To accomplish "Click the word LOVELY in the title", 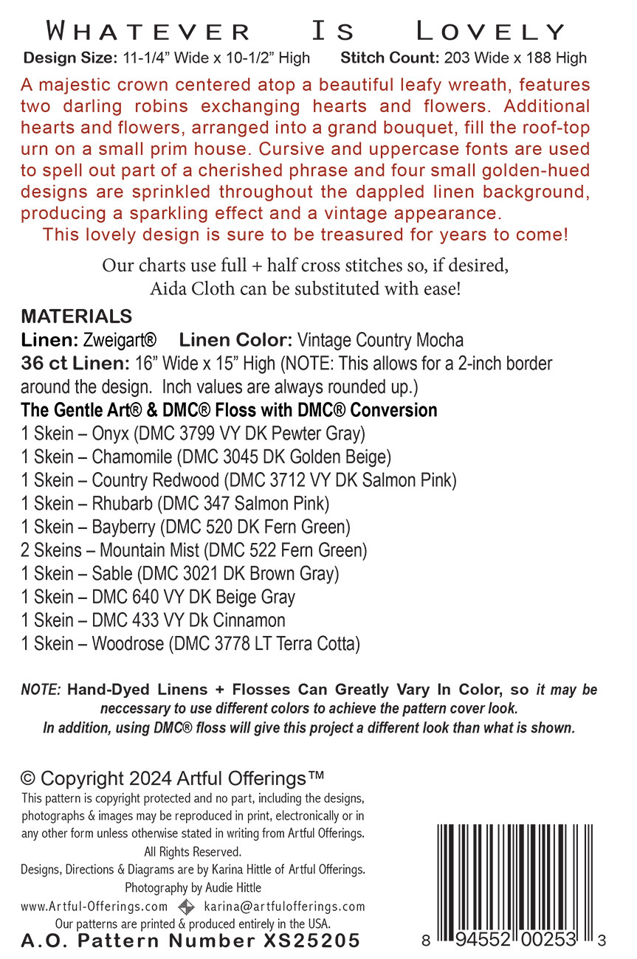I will point(491,32).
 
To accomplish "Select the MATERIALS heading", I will point(77,316).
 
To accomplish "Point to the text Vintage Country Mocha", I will point(380,340).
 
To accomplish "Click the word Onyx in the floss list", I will point(112,433).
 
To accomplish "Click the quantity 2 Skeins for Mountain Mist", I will point(52,550).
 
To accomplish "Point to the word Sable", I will point(111,573).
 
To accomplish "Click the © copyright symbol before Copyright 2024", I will point(28,779).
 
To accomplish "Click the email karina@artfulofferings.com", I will point(284,907).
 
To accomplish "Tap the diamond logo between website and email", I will point(187,907).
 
